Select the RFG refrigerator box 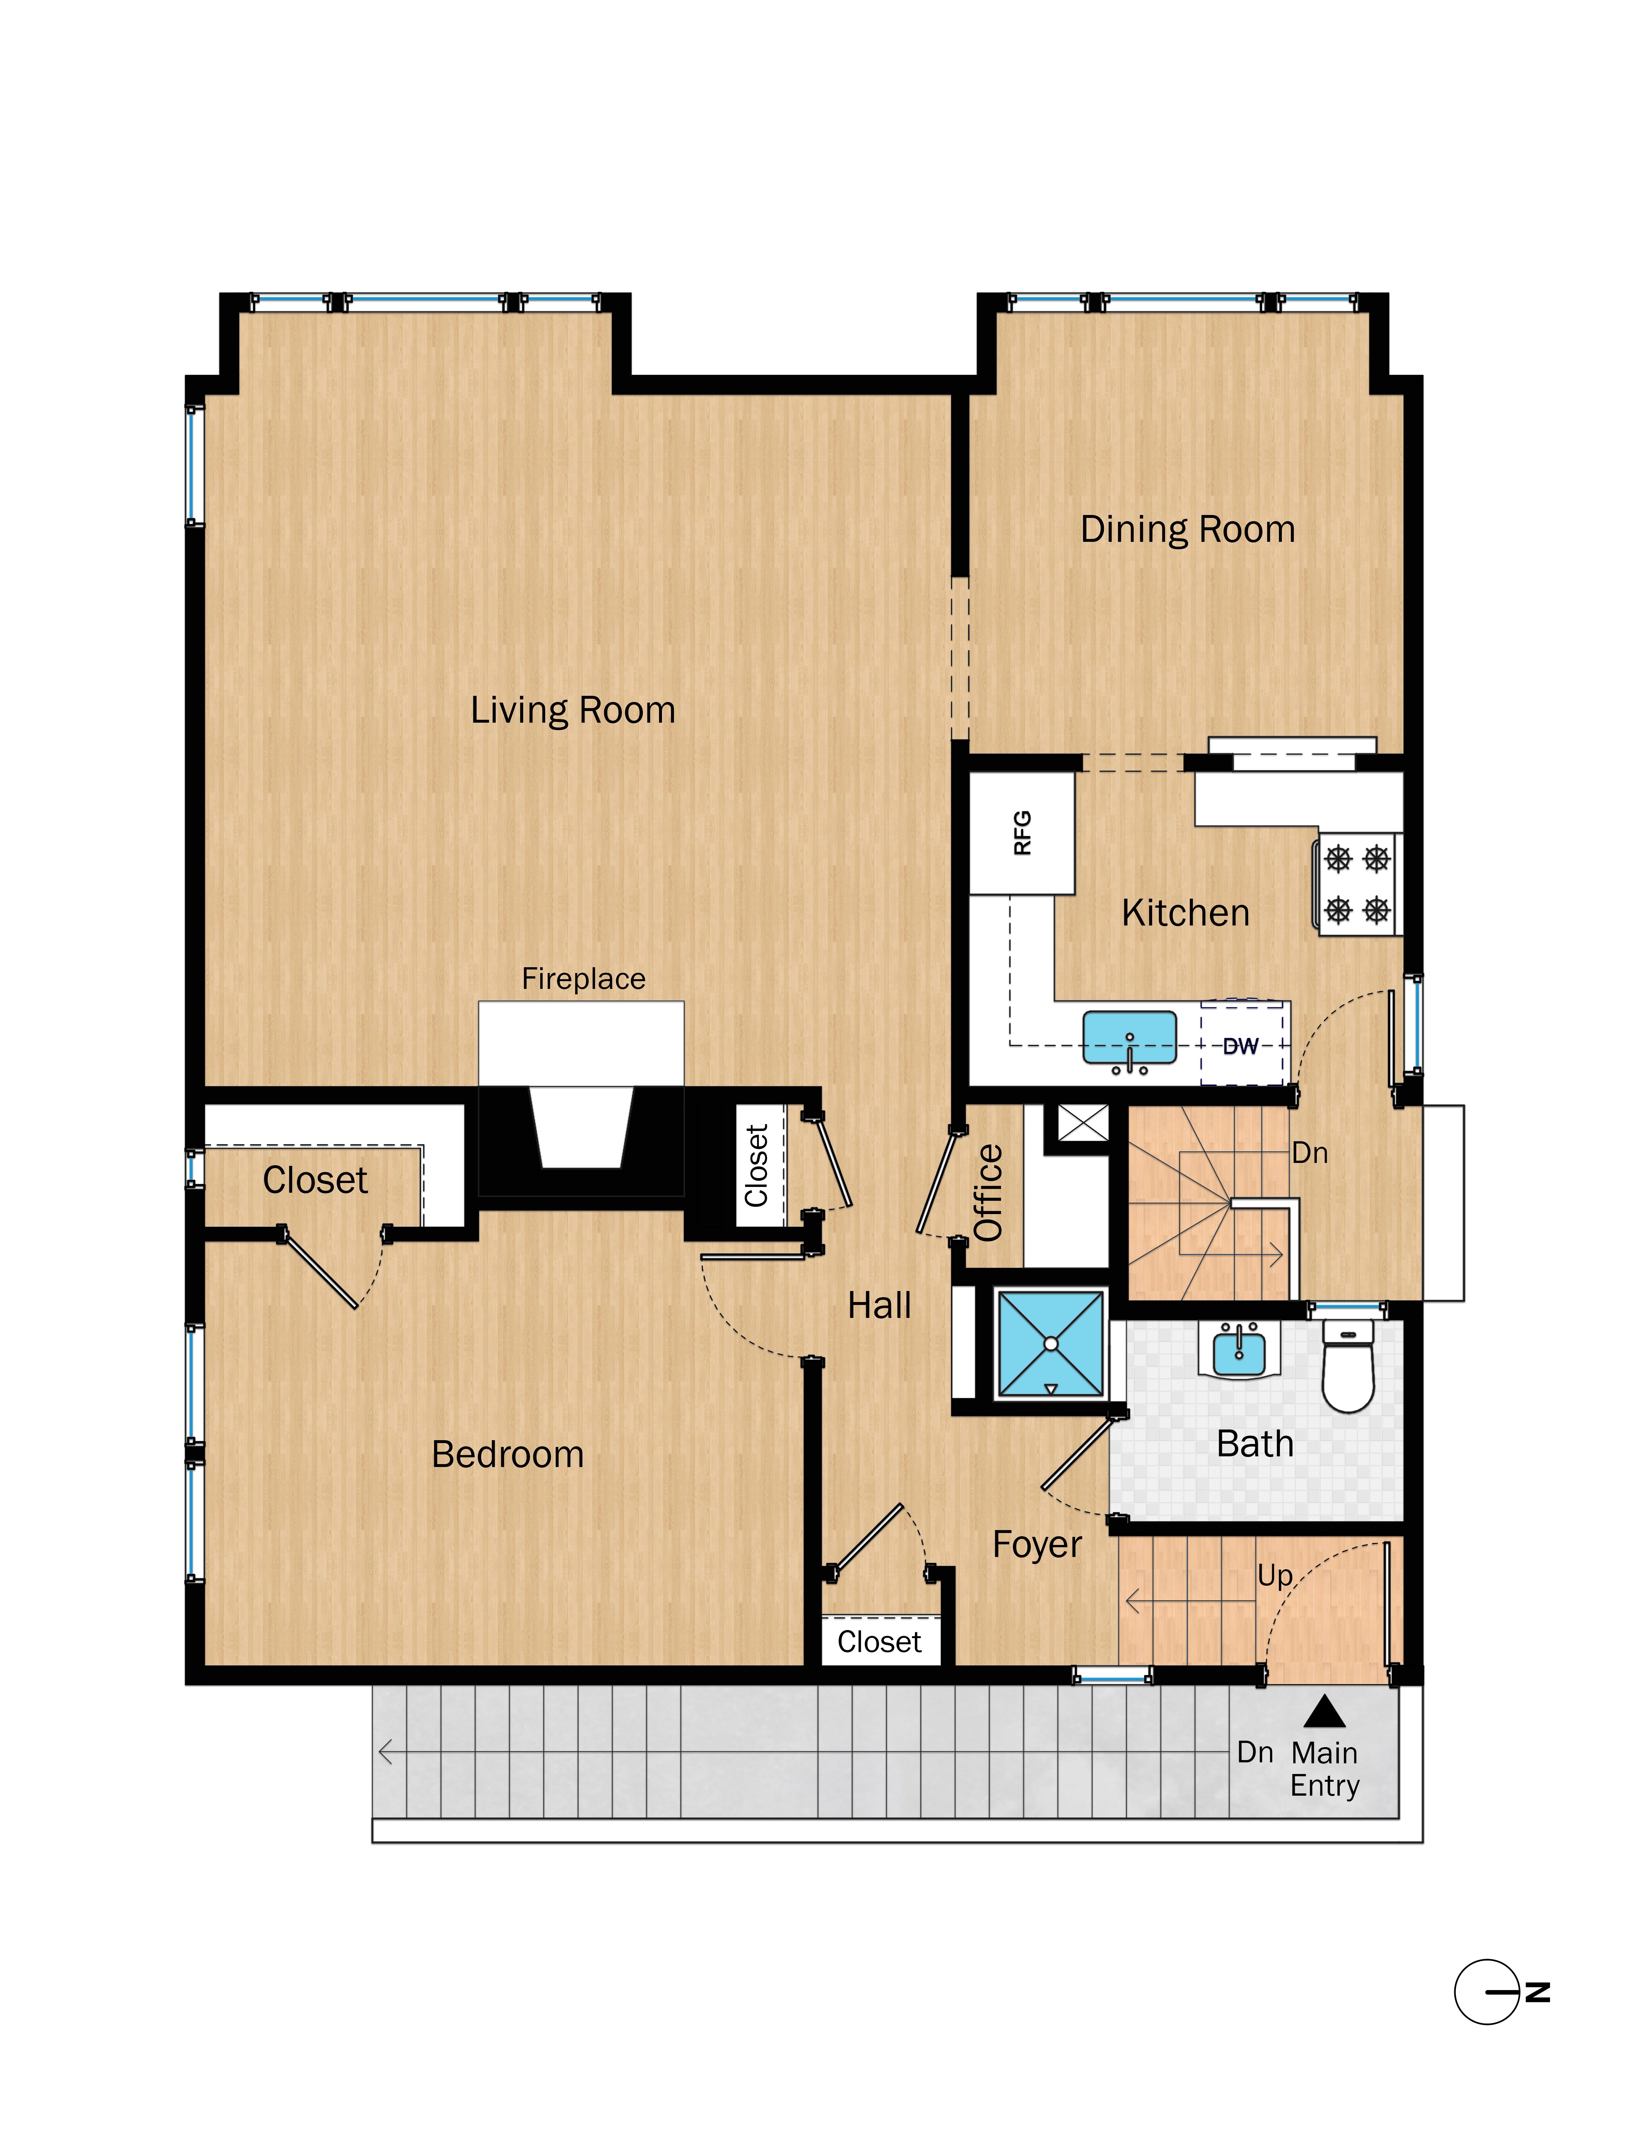tap(1021, 833)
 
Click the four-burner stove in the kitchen tap(1357, 885)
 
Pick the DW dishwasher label tap(1240, 1046)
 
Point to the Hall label tap(879, 1305)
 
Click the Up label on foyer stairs tap(1275, 1575)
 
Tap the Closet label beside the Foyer tap(879, 1641)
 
